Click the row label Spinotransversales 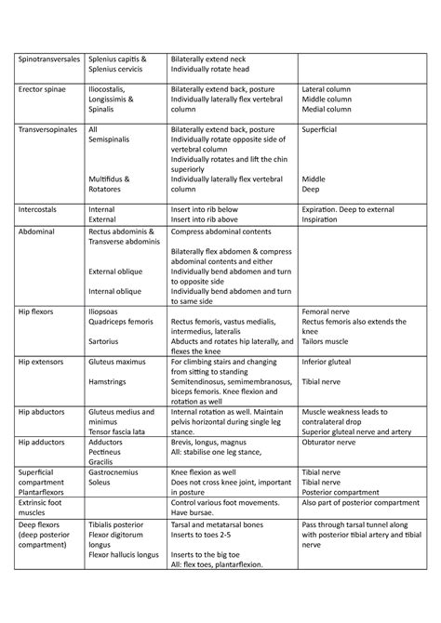pos(48,58)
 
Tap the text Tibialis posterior pos(117,524)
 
